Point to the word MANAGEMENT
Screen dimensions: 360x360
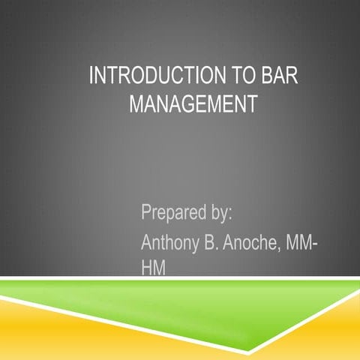(x=193, y=103)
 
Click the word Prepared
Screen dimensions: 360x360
(x=170, y=212)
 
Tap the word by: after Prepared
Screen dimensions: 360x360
(x=218, y=212)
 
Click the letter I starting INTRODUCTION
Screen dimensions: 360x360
(x=91, y=77)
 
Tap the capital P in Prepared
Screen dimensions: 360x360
(x=146, y=212)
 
